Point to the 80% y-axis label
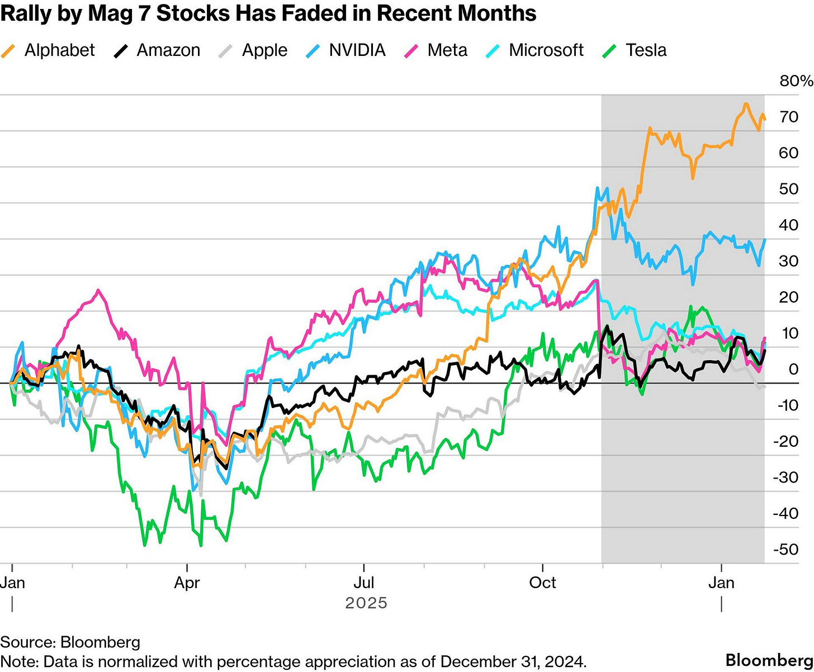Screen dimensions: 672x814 pos(796,81)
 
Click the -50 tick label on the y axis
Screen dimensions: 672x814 pos(786,550)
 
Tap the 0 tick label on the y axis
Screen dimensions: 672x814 pos(793,369)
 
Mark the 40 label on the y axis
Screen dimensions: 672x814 pos(788,225)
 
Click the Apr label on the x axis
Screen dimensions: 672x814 pos(187,583)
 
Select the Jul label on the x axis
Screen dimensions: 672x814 pos(364,583)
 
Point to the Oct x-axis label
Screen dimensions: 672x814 pos(542,583)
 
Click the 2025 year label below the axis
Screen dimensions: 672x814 pos(366,603)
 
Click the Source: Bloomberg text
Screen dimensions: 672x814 pos(70,642)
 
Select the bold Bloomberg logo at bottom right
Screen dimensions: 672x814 pos(769,660)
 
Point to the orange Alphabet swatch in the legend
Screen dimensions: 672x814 pos(8,50)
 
